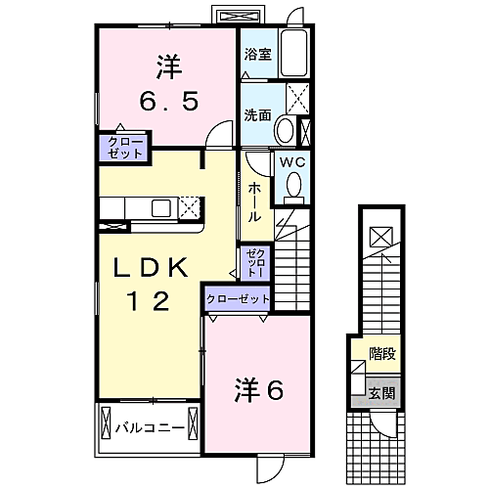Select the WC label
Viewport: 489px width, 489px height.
[292, 163]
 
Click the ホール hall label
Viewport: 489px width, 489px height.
[253, 200]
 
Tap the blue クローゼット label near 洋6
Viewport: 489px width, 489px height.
[238, 297]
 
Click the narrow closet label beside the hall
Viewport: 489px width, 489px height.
[252, 259]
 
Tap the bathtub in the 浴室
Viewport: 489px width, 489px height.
[295, 56]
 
